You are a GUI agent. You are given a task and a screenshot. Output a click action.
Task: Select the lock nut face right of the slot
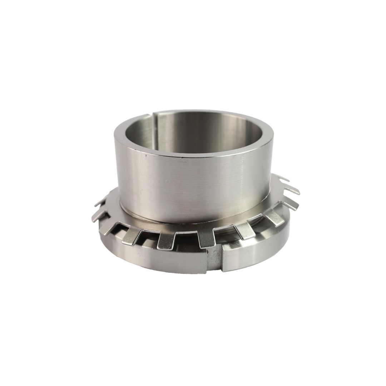250,256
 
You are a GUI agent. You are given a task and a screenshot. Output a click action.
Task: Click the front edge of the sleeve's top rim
193,158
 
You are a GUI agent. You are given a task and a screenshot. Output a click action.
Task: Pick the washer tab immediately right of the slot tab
244,231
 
